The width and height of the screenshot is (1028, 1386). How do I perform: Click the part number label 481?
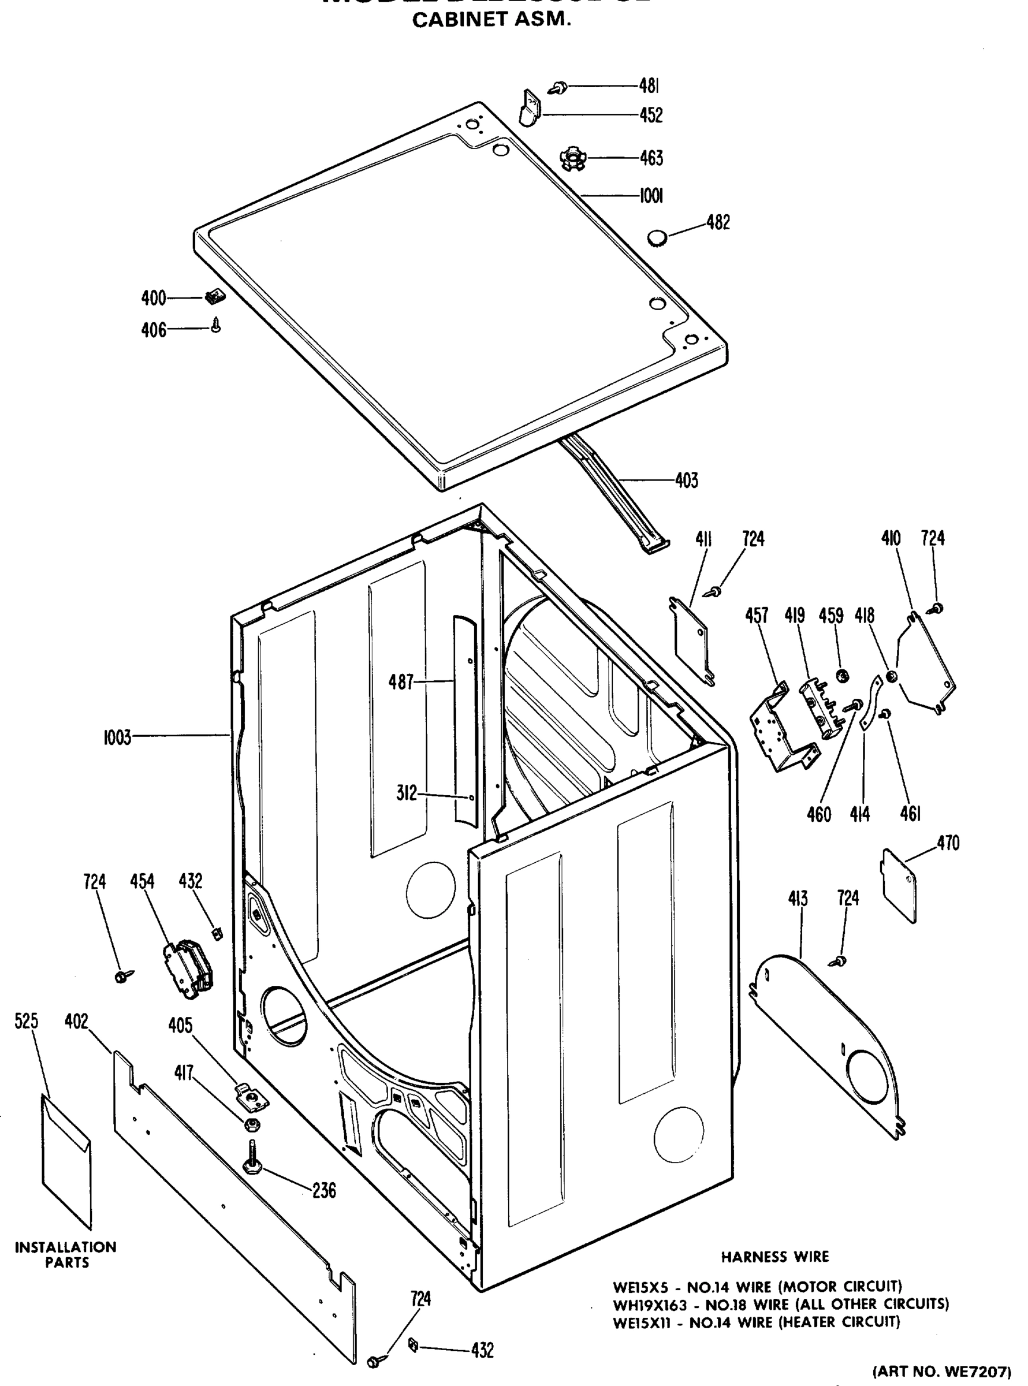point(649,86)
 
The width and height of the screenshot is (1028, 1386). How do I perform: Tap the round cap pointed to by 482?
point(657,237)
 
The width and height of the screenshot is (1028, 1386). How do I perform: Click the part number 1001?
point(651,196)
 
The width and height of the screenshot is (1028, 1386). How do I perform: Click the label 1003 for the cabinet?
point(117,738)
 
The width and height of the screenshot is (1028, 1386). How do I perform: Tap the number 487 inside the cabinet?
point(401,683)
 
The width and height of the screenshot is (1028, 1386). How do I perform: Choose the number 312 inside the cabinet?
point(407,793)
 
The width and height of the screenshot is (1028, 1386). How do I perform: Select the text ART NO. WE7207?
point(943,1370)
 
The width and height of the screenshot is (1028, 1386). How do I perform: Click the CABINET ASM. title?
point(491,21)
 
